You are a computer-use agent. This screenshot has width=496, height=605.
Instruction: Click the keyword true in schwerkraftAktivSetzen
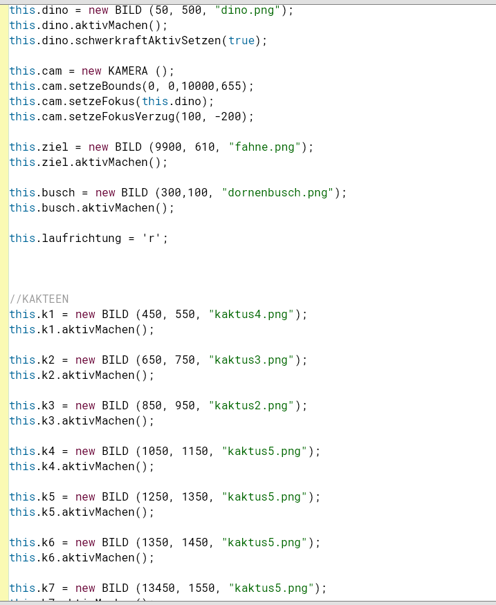241,41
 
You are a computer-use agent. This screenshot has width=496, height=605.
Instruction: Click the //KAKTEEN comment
39,299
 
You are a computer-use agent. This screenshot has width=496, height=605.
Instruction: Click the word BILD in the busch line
134,193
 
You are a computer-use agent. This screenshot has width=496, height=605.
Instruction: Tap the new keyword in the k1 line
85,315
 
